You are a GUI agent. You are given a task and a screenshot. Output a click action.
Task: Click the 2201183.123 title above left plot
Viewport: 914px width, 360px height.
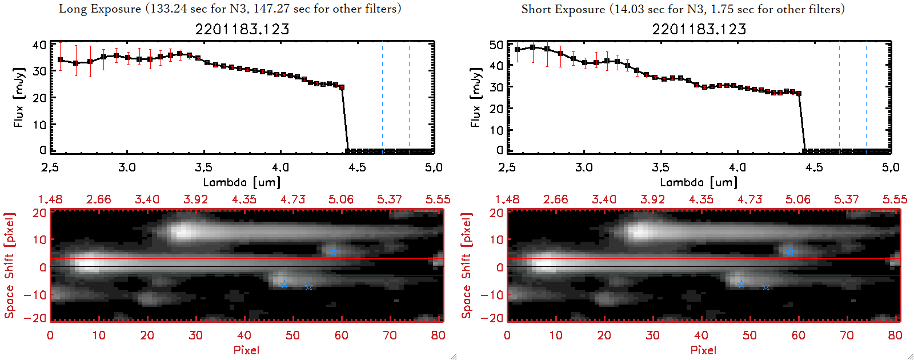pos(242,29)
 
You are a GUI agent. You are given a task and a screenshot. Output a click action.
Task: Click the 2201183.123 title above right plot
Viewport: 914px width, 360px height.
pos(699,29)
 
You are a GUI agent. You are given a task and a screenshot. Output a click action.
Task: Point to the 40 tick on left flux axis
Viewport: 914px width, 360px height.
pos(39,45)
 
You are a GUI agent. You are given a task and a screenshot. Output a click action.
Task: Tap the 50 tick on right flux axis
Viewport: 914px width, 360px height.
pos(496,45)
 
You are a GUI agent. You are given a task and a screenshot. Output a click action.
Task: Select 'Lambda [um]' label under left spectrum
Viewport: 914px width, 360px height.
pos(242,182)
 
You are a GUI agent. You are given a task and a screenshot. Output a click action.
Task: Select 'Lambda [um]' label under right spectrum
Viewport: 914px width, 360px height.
pos(699,182)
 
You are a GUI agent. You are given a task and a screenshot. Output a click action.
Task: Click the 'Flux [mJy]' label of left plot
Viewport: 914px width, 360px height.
pos(19,97)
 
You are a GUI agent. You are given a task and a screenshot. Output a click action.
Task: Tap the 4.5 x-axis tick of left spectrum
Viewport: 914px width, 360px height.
pos(357,167)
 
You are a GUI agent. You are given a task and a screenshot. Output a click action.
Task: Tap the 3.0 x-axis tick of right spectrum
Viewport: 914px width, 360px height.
pos(584,167)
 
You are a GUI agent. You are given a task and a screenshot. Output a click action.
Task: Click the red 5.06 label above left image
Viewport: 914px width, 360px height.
pos(341,199)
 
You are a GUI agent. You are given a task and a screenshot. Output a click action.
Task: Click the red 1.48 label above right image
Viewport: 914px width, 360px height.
pos(507,199)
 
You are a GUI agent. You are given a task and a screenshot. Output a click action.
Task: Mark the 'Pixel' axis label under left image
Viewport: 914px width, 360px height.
pos(246,350)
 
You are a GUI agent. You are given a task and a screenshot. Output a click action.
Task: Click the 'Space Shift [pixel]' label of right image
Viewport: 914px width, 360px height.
pos(467,266)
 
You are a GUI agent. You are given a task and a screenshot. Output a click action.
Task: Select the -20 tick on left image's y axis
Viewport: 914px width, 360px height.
pos(39,318)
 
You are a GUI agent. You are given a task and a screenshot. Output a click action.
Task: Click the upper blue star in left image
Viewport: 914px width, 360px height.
pos(332,252)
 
